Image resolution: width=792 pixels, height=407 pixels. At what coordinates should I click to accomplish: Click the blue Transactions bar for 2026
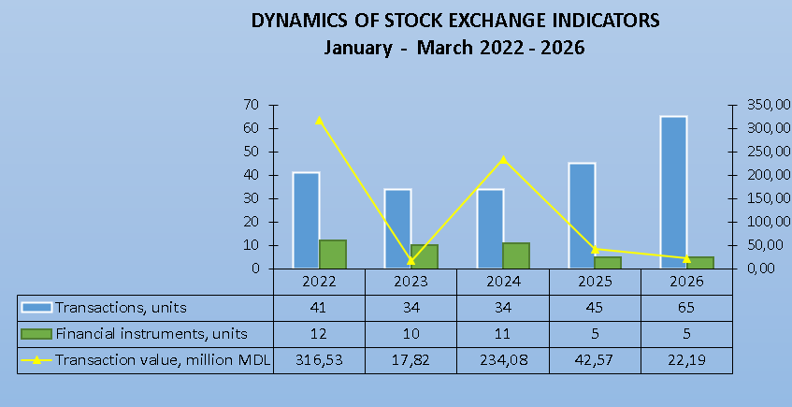(x=673, y=192)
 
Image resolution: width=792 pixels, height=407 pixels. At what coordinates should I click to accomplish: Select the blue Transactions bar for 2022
(x=306, y=220)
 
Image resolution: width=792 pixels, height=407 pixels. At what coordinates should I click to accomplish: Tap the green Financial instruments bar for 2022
(x=333, y=254)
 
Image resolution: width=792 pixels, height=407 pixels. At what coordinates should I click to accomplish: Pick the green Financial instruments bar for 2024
(x=517, y=255)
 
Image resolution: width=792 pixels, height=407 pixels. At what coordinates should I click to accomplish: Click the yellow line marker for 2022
(x=319, y=120)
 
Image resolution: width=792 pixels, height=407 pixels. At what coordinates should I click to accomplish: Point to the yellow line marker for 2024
(x=503, y=159)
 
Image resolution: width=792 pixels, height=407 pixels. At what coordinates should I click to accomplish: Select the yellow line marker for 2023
(x=410, y=260)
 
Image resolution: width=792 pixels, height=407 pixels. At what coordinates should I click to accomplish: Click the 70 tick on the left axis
(x=252, y=105)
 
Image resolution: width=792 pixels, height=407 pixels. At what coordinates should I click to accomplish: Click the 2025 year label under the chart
(x=595, y=282)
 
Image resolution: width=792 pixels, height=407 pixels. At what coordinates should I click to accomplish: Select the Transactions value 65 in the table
(x=686, y=307)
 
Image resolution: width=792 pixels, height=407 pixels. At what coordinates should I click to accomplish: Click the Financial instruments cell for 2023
(x=410, y=333)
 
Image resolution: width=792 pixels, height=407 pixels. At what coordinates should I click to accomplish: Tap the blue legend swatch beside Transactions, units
(x=36, y=307)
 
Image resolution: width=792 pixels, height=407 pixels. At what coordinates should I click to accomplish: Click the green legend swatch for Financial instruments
(x=36, y=333)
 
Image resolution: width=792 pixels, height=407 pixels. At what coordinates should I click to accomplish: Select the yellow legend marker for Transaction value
(x=36, y=359)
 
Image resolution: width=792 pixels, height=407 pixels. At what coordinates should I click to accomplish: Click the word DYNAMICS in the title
(x=297, y=21)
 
